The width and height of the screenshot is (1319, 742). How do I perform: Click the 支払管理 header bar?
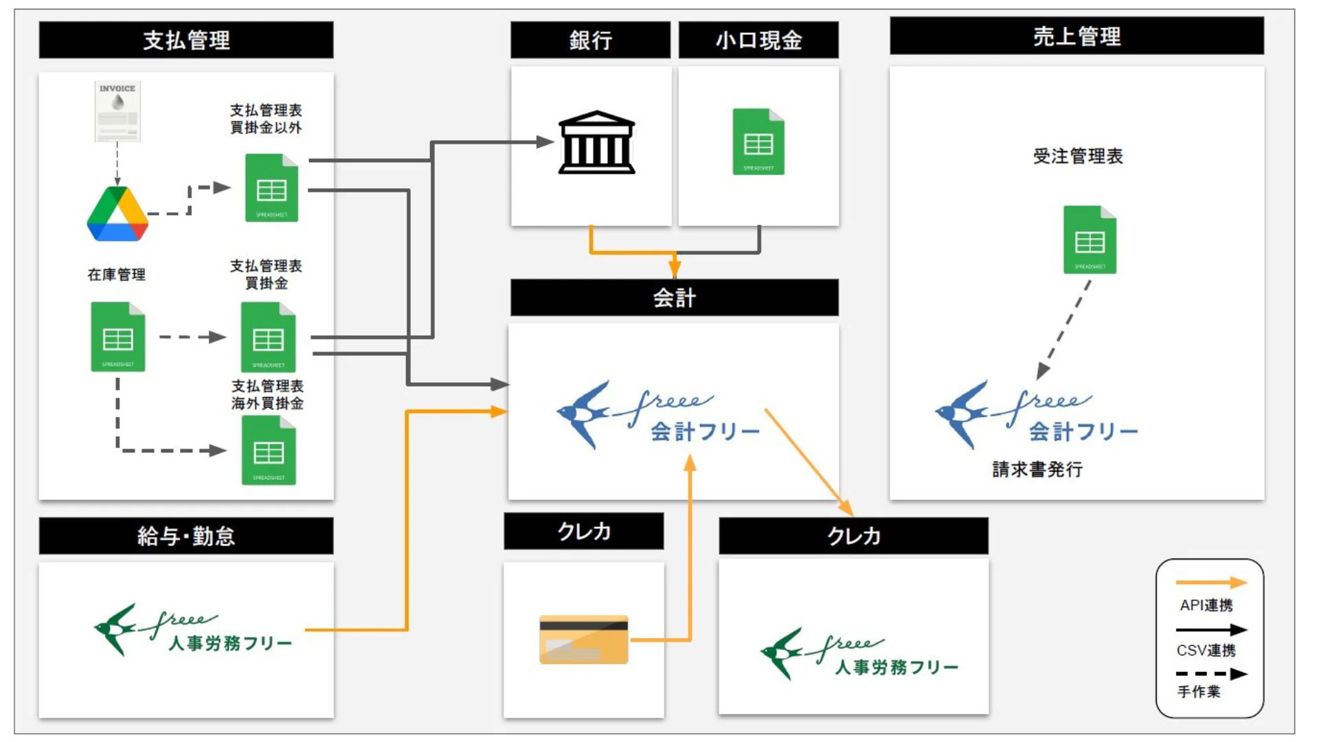pyautogui.click(x=186, y=40)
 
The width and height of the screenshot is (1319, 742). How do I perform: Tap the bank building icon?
pyautogui.click(x=596, y=142)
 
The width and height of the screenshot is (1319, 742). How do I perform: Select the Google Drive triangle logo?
pyautogui.click(x=117, y=214)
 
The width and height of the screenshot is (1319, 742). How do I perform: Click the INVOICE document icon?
pyautogui.click(x=117, y=111)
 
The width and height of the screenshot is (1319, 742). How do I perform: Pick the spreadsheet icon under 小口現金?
pyautogui.click(x=758, y=142)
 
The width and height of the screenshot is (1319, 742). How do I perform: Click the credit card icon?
pyautogui.click(x=584, y=639)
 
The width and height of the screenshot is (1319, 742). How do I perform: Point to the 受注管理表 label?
pyautogui.click(x=1077, y=156)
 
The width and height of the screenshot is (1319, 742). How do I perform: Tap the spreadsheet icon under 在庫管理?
pyautogui.click(x=118, y=337)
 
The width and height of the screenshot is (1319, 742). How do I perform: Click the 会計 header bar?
pyautogui.click(x=674, y=297)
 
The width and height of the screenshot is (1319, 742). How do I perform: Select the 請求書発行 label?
pyautogui.click(x=1037, y=469)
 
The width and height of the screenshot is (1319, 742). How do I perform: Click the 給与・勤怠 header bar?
pyautogui.click(x=186, y=536)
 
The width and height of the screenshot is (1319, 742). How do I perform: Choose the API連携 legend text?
pyautogui.click(x=1206, y=605)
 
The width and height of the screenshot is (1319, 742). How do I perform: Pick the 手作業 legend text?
pyautogui.click(x=1199, y=692)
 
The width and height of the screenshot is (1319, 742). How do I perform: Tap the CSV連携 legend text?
pyautogui.click(x=1206, y=650)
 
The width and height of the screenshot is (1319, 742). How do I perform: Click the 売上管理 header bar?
pyautogui.click(x=1076, y=36)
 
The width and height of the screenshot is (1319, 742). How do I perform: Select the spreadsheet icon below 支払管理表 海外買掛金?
pyautogui.click(x=269, y=451)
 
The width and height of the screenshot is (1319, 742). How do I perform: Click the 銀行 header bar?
pyautogui.click(x=590, y=40)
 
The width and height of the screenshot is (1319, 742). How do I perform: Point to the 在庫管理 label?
pyautogui.click(x=117, y=275)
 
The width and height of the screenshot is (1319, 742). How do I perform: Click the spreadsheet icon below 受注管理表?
pyautogui.click(x=1090, y=240)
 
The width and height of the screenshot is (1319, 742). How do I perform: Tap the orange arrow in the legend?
pyautogui.click(x=1211, y=583)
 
